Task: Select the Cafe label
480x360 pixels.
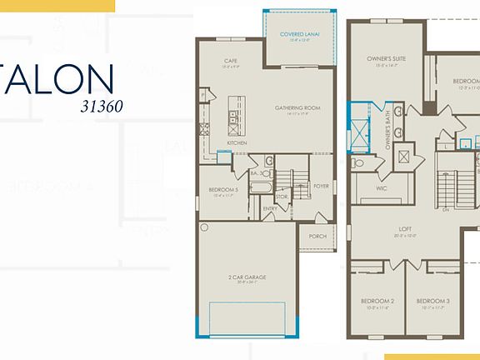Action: point(232,61)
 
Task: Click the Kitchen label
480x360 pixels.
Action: point(237,142)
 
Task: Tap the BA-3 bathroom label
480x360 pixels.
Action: point(257,173)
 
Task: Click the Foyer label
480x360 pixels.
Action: point(322,187)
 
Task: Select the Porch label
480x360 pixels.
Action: point(317,236)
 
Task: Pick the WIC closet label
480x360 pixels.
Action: point(381,188)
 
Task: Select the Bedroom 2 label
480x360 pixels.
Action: point(377,301)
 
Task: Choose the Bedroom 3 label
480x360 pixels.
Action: point(433,301)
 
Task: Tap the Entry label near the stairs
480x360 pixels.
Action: point(269,207)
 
